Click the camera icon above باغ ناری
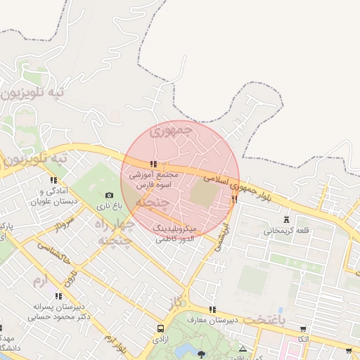coord(109,195)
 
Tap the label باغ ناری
coord(109,206)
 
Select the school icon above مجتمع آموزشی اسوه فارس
coord(153,164)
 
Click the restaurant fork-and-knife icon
coord(235,200)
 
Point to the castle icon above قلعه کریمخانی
coord(285,219)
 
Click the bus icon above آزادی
coord(161,328)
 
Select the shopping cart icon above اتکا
coord(303,328)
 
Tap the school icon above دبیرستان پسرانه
coord(55,296)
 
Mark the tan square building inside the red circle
coord(205,195)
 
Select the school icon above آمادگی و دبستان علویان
coord(54,180)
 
